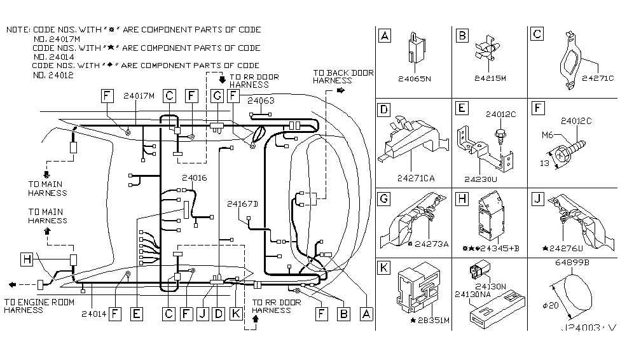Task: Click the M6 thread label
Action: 547,135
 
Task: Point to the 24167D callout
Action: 242,204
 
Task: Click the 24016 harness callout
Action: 194,178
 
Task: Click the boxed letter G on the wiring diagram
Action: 216,95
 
